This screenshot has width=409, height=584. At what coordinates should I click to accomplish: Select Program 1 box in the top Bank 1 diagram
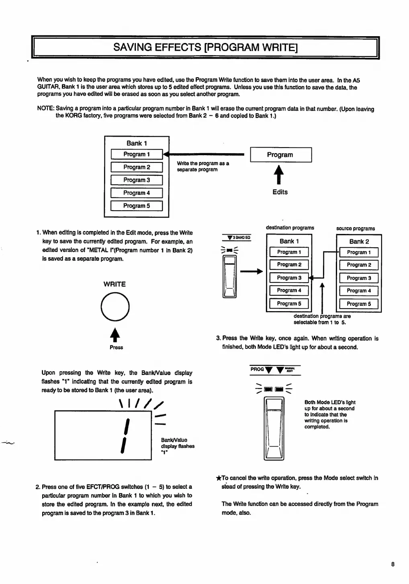[137, 154]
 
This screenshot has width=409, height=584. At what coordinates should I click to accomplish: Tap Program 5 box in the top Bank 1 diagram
[137, 206]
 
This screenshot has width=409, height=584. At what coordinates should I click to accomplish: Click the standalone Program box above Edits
[280, 155]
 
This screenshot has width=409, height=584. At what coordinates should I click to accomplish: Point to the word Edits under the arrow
[280, 192]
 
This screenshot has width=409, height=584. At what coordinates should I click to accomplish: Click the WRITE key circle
[115, 307]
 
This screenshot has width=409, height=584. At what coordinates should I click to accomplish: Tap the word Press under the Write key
[116, 347]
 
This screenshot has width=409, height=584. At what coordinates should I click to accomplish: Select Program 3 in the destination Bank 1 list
[289, 278]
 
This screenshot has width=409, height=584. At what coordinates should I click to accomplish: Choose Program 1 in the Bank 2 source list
[359, 252]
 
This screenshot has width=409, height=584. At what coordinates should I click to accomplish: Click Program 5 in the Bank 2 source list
[359, 304]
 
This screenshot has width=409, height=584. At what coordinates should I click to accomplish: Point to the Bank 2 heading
[359, 242]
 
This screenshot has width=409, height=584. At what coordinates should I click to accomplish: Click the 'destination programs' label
[290, 228]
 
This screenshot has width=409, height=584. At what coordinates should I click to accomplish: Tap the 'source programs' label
[356, 228]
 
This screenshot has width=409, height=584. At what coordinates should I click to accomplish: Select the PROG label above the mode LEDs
[257, 369]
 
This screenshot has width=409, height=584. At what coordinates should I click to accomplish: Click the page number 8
[393, 564]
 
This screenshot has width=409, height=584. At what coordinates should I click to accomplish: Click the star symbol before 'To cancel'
[219, 478]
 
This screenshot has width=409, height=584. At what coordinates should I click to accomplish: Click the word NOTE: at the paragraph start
[45, 109]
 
